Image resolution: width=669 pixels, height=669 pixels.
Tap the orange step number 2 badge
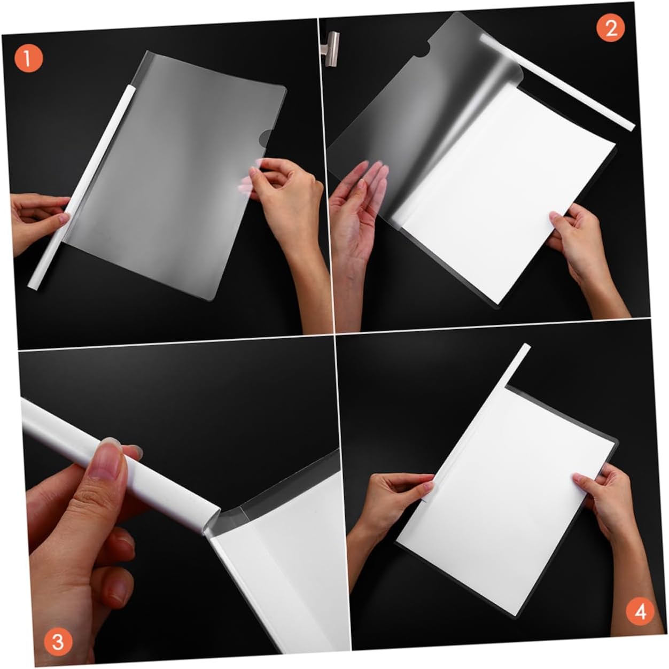[x=611, y=28]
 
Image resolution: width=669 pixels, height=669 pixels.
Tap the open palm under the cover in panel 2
[x=357, y=212]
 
